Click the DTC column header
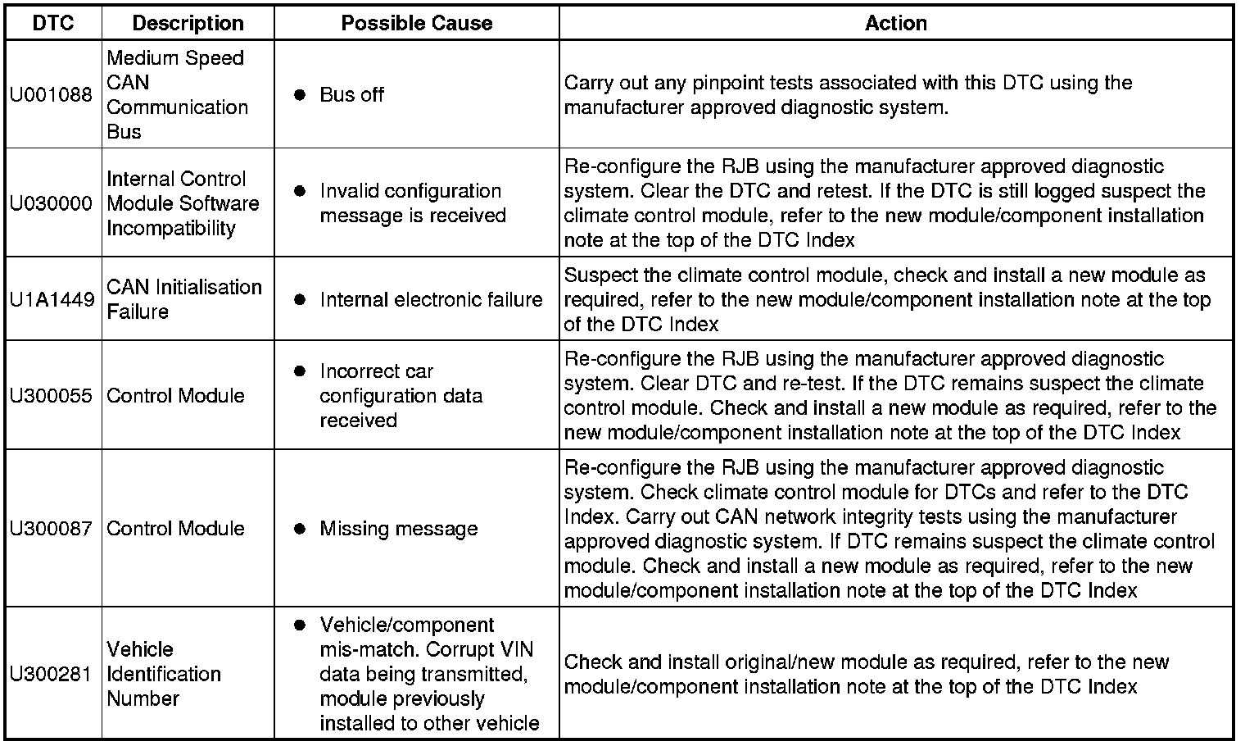(53, 23)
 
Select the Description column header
(188, 23)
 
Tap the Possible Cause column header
(416, 23)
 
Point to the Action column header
(895, 23)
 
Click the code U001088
(52, 94)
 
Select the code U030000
(52, 203)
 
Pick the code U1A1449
(52, 299)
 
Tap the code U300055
(52, 395)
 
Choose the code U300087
(52, 529)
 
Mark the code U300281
(52, 674)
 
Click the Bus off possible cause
(351, 94)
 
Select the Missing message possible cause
(398, 529)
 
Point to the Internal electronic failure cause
(431, 299)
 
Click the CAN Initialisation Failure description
(184, 299)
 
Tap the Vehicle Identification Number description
(164, 674)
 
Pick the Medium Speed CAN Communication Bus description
(177, 94)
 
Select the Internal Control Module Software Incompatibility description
(183, 203)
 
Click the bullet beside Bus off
(300, 94)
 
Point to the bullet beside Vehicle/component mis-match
(300, 625)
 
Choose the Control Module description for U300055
(175, 395)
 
